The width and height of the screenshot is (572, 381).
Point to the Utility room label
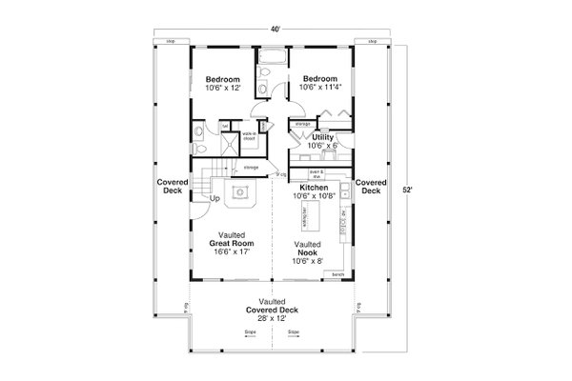323,141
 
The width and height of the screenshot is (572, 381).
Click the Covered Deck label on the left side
172,186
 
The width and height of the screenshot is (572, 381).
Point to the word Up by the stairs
214,199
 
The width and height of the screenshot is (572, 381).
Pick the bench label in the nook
337,274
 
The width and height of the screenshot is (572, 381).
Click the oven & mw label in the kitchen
317,174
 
